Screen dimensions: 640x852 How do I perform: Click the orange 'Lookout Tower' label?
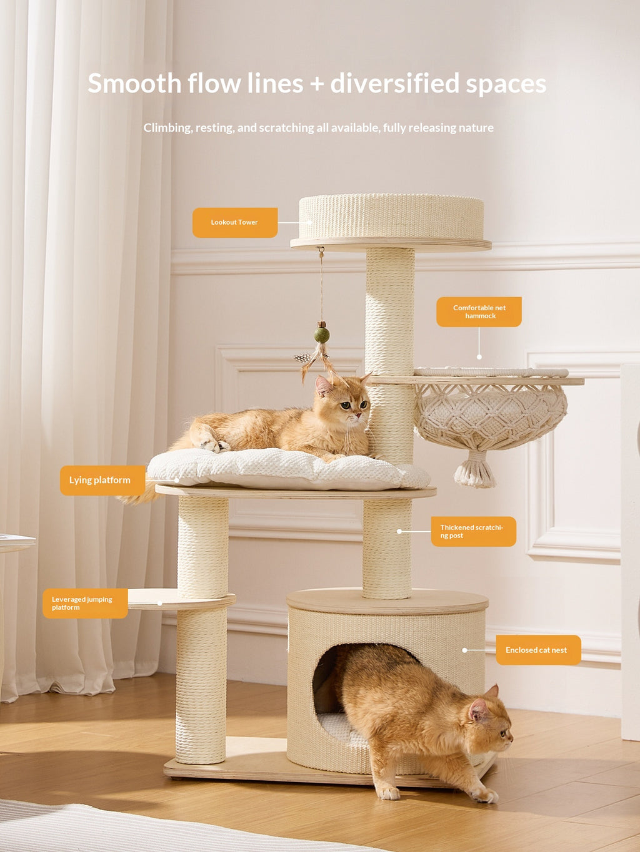[235, 222]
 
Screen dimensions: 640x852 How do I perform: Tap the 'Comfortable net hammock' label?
[479, 311]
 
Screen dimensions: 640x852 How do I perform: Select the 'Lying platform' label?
[102, 480]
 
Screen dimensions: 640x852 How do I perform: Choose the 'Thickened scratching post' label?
[473, 531]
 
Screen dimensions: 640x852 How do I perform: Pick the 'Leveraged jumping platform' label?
[85, 603]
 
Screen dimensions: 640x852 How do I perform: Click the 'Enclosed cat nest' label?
[538, 650]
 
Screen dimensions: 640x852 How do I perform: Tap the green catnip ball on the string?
[322, 335]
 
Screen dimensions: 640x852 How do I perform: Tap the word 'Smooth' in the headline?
[134, 84]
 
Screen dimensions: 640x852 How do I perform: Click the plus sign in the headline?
[317, 84]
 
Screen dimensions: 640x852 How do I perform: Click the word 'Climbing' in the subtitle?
[168, 128]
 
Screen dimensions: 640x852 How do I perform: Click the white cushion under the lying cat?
[287, 469]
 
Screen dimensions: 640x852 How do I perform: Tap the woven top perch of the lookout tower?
[391, 217]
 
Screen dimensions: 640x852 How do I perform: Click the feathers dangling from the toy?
[315, 362]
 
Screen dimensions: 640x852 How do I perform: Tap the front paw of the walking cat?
[388, 793]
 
